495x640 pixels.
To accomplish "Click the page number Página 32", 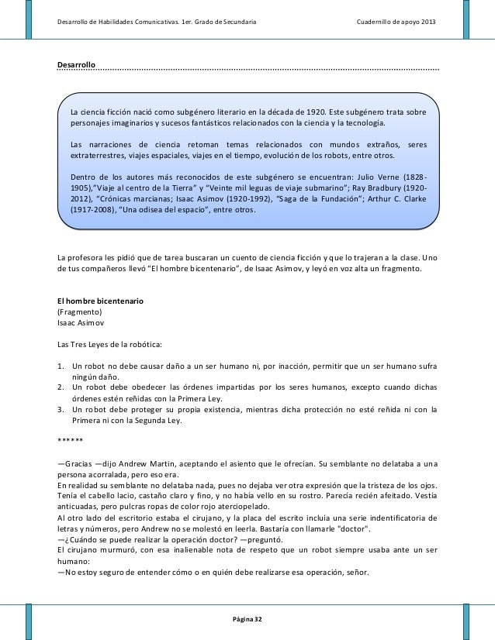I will pos(247,620).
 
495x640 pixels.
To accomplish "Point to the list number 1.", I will pos(61,365).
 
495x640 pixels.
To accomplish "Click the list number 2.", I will pos(61,386).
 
